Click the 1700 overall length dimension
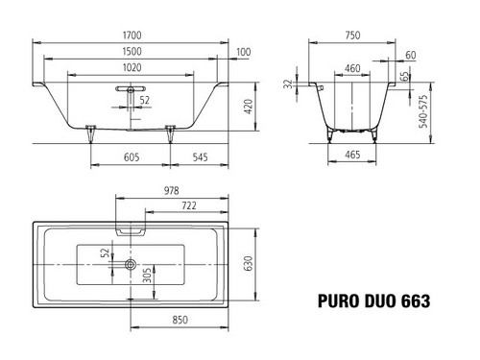132,36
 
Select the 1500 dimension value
132,51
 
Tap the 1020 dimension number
132,67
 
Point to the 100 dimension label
244,52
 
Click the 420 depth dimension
249,107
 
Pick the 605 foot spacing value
132,157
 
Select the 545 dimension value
200,157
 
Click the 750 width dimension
352,36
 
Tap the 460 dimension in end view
352,68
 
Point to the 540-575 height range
423,111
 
